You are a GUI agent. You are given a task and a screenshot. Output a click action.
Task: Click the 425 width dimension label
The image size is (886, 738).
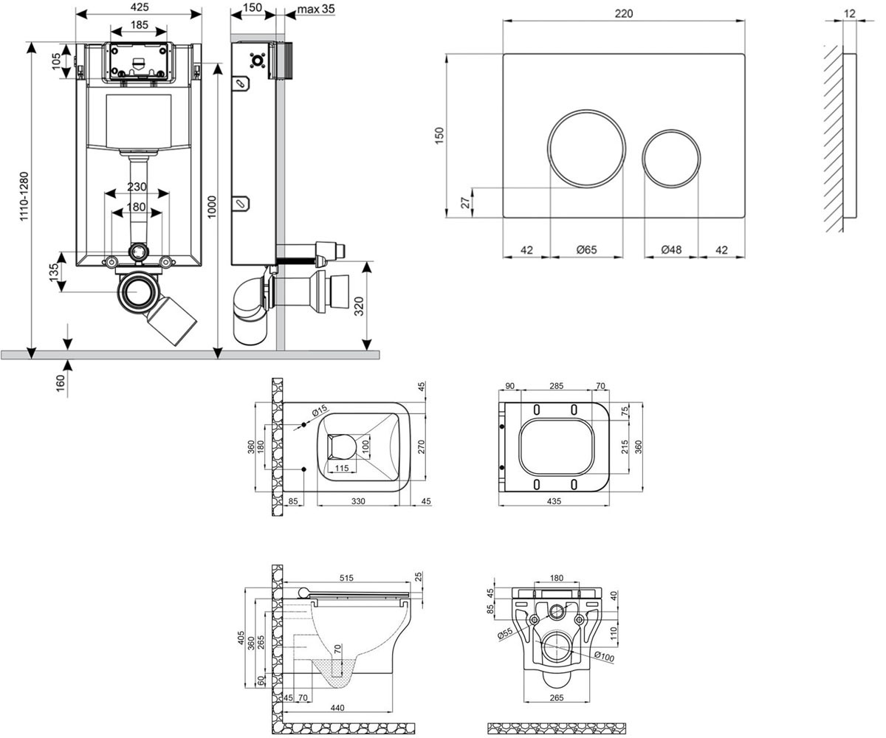pos(140,7)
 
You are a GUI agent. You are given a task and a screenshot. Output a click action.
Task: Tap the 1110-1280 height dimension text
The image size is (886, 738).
pos(24,196)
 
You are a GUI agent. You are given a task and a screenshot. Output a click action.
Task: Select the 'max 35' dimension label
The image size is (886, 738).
pos(316,9)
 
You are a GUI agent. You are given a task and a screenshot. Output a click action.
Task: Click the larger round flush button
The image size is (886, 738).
pos(586,148)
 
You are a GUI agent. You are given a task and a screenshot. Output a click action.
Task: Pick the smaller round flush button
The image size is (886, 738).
pos(671,158)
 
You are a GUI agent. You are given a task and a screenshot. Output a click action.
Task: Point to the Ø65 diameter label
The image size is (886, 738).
pos(586,250)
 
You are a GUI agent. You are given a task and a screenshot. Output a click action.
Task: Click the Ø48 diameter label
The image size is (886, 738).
pos(671,250)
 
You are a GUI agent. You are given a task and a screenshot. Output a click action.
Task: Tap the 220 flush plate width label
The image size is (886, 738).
pos(624,13)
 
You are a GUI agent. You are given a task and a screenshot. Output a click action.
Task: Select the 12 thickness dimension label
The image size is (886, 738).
pos(850,13)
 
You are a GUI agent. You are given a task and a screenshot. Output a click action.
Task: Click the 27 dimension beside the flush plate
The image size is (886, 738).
pos(466,203)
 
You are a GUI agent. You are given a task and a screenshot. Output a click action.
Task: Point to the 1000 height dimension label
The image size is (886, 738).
pos(211,207)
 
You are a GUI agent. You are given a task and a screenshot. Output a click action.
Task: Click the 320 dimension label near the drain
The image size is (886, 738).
pos(359,306)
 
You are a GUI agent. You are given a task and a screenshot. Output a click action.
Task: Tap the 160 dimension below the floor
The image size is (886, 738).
pos(61,384)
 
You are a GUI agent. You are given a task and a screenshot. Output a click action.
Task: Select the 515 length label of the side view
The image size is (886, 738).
pos(346,578)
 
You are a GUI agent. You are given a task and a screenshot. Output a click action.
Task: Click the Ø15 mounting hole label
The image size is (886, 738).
pos(320,410)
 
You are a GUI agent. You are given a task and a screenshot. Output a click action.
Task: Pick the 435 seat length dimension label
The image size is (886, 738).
pos(554,501)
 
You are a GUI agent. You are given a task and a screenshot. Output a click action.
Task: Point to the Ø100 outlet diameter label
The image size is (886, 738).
pos(604,656)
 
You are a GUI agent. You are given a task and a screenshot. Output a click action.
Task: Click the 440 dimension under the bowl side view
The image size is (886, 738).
pos(337,708)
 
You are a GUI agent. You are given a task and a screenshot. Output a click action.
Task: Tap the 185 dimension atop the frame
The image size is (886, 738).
pos(140,25)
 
